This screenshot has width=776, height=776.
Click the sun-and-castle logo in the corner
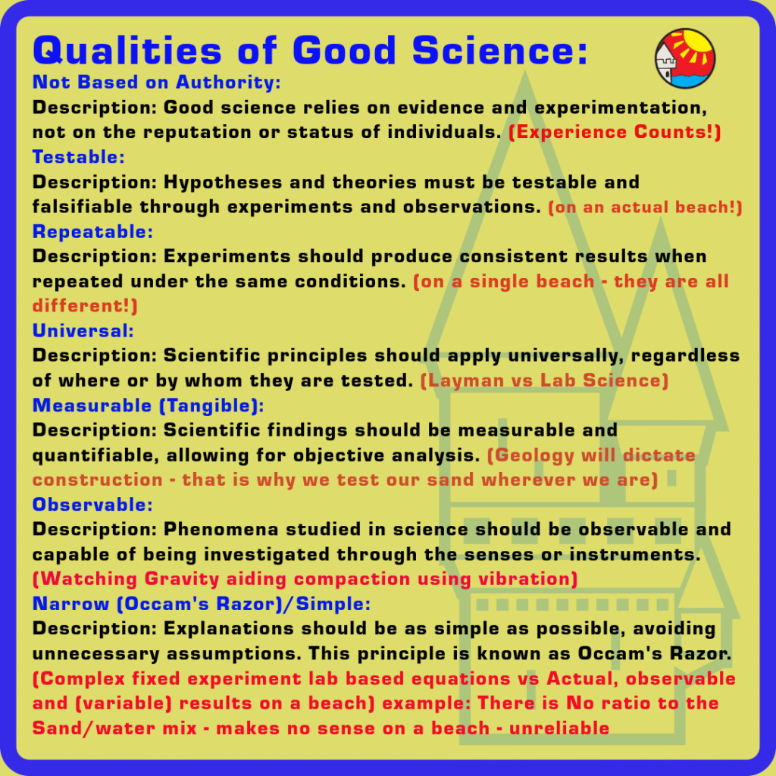click(685, 58)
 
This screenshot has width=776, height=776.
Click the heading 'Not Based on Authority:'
click(157, 82)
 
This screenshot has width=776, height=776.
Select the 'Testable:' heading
click(79, 157)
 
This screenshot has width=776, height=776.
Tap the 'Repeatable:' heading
click(93, 231)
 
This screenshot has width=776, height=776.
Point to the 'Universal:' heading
click(83, 330)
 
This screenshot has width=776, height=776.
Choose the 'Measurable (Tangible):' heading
click(149, 405)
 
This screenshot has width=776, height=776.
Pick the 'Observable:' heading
click(93, 504)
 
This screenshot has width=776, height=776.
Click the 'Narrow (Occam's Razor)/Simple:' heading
click(202, 604)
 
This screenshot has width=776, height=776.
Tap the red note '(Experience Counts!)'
click(615, 132)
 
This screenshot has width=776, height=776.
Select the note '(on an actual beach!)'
click(645, 207)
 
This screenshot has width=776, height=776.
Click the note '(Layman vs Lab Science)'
click(544, 380)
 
